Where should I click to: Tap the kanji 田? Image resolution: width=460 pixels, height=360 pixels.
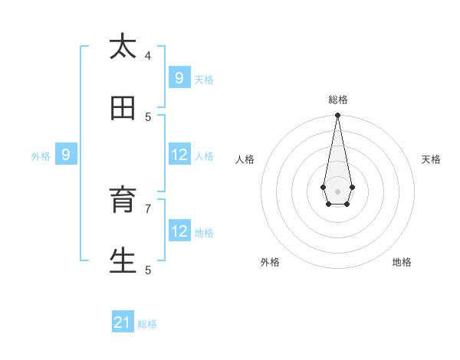[123, 108]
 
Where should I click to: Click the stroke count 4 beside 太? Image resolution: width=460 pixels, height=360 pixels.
[148, 55]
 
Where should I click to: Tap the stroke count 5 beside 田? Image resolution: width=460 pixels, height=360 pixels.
[148, 116]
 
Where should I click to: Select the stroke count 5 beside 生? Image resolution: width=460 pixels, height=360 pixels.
[148, 270]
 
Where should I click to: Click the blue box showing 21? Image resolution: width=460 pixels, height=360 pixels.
[123, 322]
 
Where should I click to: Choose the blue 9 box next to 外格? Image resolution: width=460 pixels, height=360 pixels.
[66, 155]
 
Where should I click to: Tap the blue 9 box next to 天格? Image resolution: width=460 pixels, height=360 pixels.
[179, 77]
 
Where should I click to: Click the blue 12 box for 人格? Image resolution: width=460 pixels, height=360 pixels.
[179, 155]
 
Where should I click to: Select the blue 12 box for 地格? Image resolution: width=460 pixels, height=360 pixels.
[179, 231]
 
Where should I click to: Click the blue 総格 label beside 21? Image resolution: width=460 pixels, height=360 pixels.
[147, 324]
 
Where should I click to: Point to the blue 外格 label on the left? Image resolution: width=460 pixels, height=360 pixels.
[41, 156]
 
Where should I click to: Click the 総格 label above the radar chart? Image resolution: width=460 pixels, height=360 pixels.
[338, 100]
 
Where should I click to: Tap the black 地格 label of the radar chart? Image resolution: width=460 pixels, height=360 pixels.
[402, 262]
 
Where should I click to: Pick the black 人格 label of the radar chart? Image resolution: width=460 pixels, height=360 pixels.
[245, 159]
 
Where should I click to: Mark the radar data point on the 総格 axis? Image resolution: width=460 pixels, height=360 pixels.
[337, 115]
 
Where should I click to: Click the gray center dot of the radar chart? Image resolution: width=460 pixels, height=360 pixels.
[337, 191]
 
